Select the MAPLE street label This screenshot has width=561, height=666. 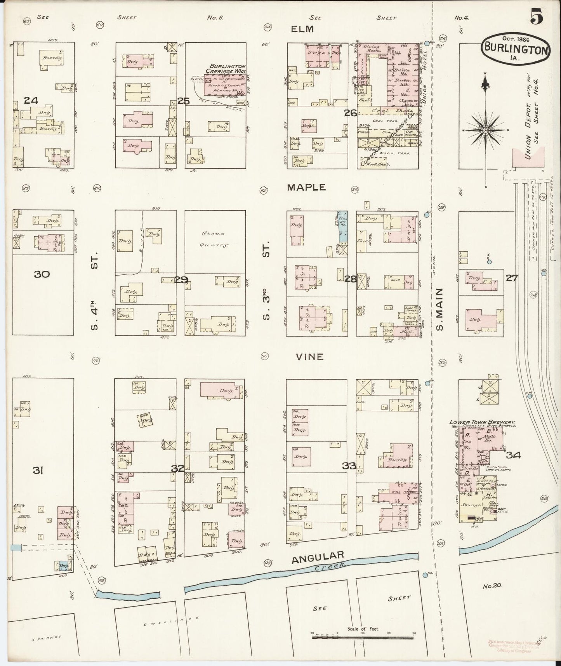click(x=306, y=187)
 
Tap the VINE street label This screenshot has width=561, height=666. click(x=309, y=356)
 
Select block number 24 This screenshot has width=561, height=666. click(x=31, y=101)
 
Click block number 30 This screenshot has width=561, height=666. click(x=42, y=274)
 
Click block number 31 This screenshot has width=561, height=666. click(x=37, y=471)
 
